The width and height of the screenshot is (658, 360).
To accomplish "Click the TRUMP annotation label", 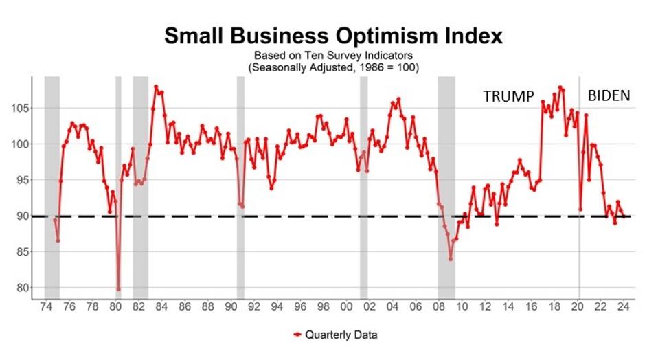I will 508,97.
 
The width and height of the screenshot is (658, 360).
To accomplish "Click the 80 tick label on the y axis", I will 21,288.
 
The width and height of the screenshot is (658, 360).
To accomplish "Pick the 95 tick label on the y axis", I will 21,180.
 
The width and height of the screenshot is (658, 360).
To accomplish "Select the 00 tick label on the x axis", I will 348,307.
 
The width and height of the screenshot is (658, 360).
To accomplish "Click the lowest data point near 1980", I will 118,289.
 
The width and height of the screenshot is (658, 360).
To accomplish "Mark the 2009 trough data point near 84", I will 451,259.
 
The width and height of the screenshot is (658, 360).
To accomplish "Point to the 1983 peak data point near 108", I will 156,87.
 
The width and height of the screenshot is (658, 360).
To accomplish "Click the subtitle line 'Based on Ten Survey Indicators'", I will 333,55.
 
